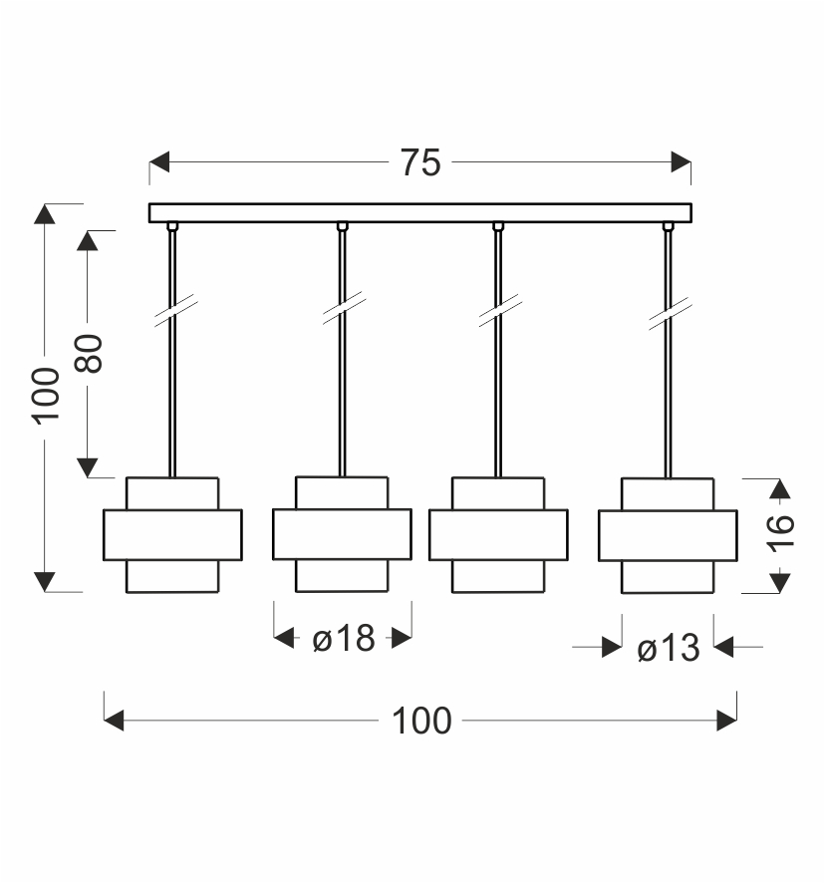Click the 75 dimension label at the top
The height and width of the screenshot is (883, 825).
coord(420,162)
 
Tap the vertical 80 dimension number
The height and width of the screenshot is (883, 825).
coord(89,353)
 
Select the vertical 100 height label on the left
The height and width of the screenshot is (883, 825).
coord(45,396)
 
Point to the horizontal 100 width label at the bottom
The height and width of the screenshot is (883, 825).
coord(421,721)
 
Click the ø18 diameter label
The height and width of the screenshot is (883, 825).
coord(344,639)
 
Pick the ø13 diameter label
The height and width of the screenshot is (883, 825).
coord(669,648)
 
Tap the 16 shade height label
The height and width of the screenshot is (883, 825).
coord(780,533)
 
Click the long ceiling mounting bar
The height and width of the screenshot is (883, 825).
coord(420,213)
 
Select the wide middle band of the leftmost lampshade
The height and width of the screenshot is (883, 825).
coord(173,535)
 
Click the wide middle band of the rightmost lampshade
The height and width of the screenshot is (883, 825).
coord(668,535)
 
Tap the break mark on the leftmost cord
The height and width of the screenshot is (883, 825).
coord(175,310)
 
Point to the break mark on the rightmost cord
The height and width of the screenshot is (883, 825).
coord(671,314)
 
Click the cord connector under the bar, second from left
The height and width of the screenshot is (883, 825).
coord(343,226)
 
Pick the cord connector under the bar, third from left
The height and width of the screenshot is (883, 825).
coord(498,226)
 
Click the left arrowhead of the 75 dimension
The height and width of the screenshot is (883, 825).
coord(159,162)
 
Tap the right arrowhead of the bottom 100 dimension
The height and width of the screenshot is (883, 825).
coord(726,721)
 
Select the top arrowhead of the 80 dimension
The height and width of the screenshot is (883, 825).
coord(88,241)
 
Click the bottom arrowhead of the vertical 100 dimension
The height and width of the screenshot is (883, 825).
coord(45,582)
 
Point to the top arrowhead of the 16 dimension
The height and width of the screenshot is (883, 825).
coord(780,488)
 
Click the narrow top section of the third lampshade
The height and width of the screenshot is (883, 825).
coord(498,494)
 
